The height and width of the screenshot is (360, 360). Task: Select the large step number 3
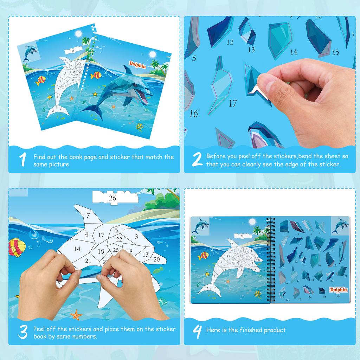tap(22, 332)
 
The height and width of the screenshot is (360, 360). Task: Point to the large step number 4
tap(198, 330)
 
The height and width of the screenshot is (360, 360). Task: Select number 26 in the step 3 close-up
tap(112, 198)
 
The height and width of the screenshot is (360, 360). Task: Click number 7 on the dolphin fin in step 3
tap(88, 216)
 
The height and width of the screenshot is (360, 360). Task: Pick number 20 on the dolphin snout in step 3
tap(157, 259)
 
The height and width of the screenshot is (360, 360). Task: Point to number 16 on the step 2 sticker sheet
tap(193, 114)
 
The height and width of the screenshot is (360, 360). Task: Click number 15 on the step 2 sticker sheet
tap(335, 52)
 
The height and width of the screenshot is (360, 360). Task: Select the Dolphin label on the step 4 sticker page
tap(338, 289)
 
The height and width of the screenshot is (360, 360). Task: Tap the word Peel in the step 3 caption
tap(40, 329)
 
